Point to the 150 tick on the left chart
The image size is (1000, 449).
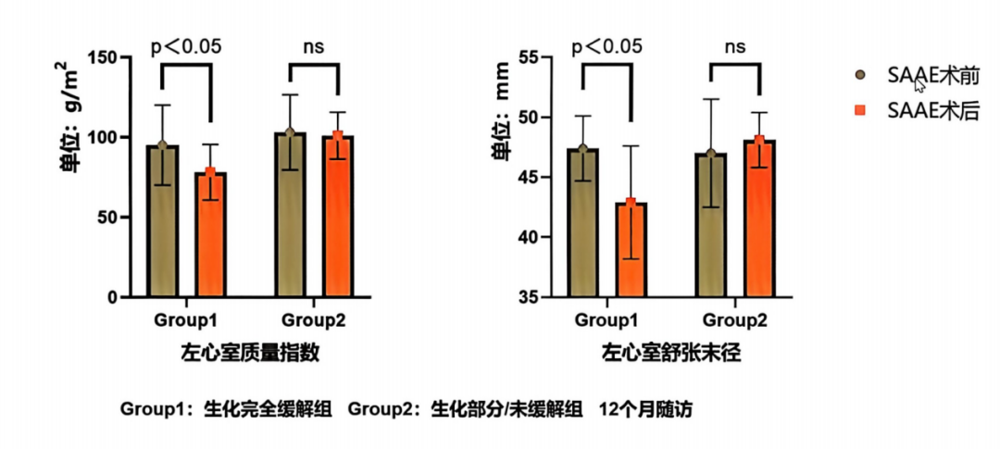(x=115, y=58)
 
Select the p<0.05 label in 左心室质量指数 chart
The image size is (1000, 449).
(x=186, y=45)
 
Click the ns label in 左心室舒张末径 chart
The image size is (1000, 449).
(x=735, y=45)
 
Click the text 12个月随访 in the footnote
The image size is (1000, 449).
(x=658, y=408)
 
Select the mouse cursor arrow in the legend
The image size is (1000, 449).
(x=920, y=85)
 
